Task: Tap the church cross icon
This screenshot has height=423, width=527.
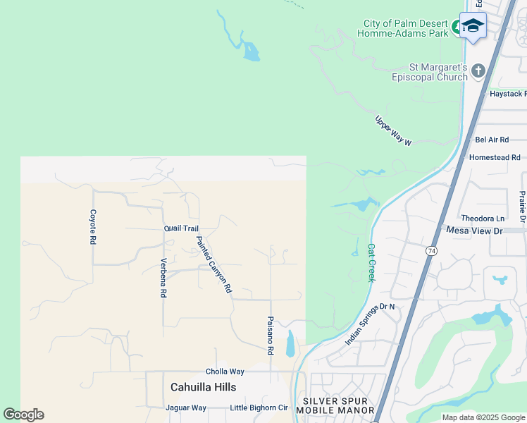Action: [478, 70]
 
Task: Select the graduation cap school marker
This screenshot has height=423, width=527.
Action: [473, 27]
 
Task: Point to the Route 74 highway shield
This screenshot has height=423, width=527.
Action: [430, 251]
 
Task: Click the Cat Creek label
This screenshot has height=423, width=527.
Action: [371, 263]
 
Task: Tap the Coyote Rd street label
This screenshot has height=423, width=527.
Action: [92, 226]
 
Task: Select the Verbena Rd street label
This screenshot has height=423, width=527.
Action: [163, 278]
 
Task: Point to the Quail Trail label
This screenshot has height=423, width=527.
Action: [182, 228]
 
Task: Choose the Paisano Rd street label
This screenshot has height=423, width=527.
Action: [270, 335]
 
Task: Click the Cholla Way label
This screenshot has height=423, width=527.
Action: [225, 372]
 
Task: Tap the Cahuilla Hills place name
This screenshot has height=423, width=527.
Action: [203, 387]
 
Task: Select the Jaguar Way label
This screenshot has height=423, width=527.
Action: [185, 407]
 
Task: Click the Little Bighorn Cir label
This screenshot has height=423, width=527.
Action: [259, 407]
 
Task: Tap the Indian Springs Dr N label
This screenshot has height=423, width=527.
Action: [371, 324]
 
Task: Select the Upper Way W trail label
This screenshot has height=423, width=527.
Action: [392, 130]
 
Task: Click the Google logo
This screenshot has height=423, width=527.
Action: [23, 414]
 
